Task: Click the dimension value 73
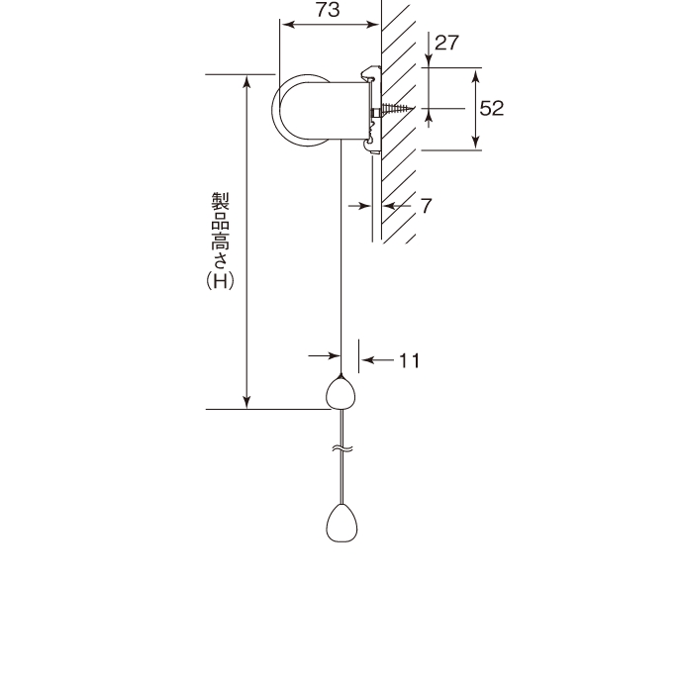pyautogui.click(x=328, y=10)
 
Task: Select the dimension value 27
pyautogui.click(x=446, y=43)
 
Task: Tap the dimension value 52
pyautogui.click(x=491, y=108)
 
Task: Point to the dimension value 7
pyautogui.click(x=426, y=206)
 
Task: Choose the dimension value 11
pyautogui.click(x=409, y=360)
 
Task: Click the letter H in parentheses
pyautogui.click(x=221, y=281)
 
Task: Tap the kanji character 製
pyautogui.click(x=221, y=201)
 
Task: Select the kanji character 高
pyautogui.click(x=221, y=241)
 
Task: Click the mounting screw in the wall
pyautogui.click(x=396, y=108)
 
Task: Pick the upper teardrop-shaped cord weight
pyautogui.click(x=341, y=393)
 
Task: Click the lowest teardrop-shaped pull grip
pyautogui.click(x=341, y=523)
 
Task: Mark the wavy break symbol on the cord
pyautogui.click(x=342, y=448)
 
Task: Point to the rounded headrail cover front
pyautogui.click(x=301, y=110)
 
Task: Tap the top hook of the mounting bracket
pyautogui.click(x=370, y=73)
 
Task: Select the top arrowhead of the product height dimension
pyautogui.click(x=247, y=81)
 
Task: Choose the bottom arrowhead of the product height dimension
pyautogui.click(x=247, y=403)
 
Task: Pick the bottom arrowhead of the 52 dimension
pyautogui.click(x=476, y=143)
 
